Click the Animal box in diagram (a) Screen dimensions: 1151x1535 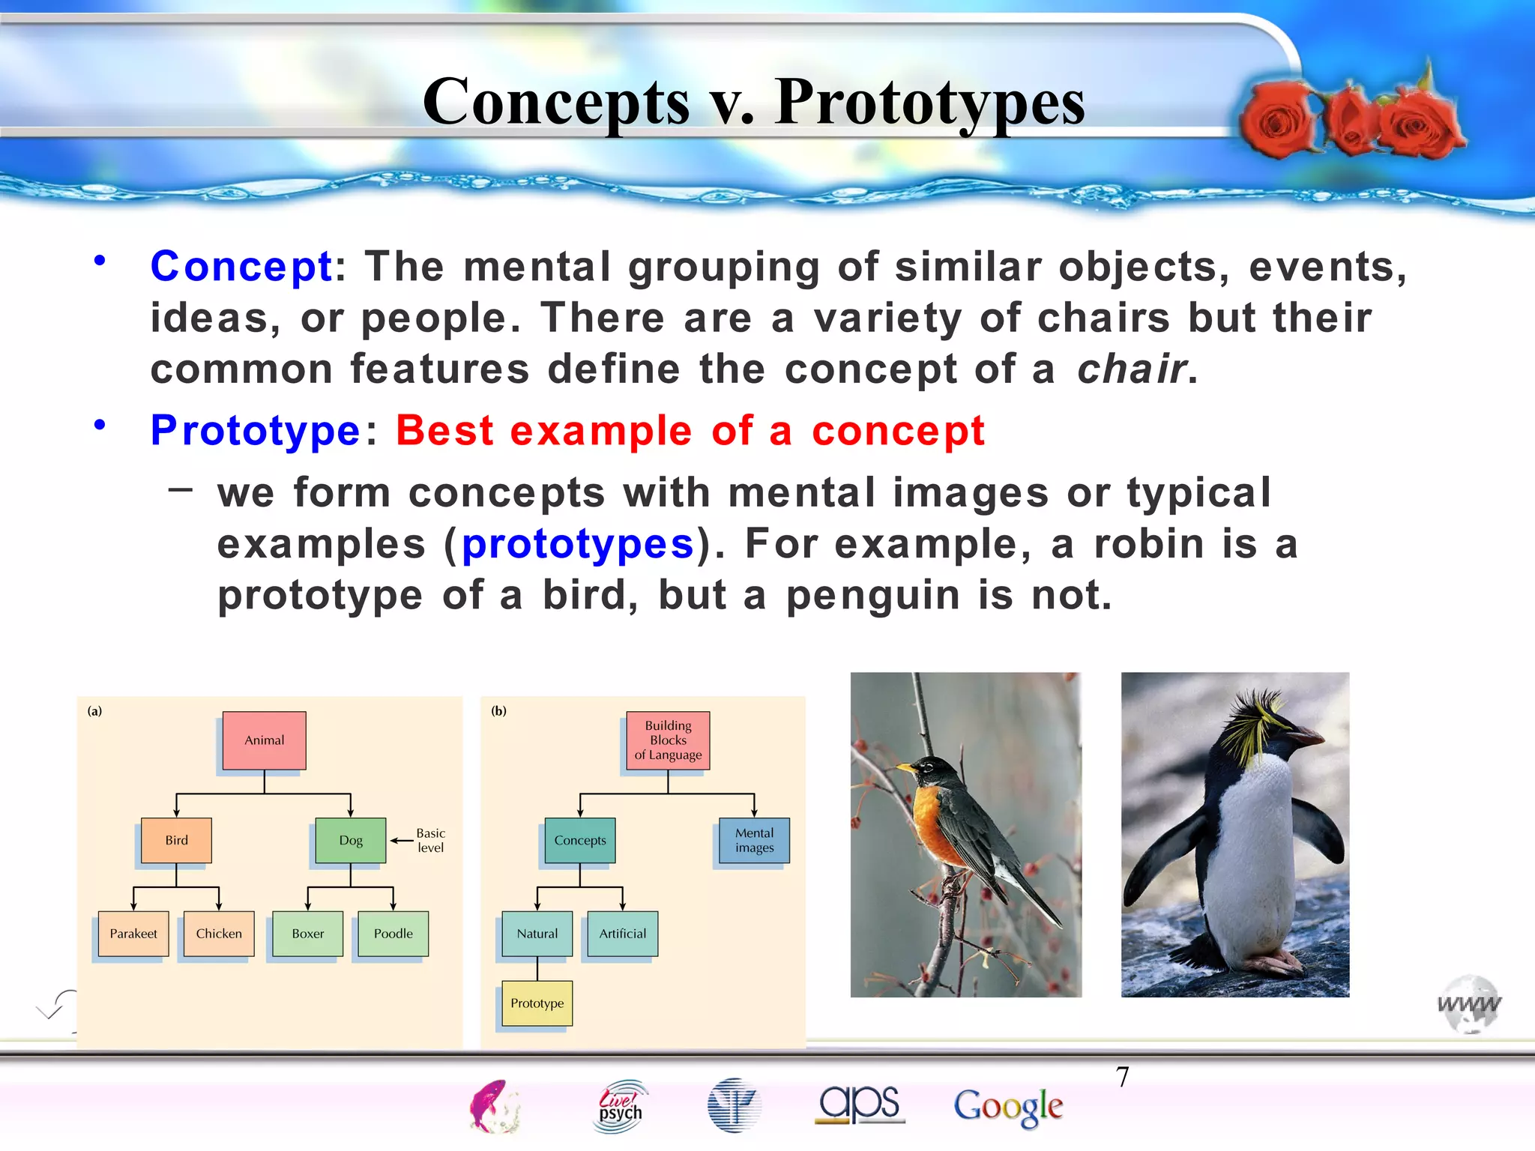[x=264, y=740]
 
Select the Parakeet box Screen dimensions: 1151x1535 [x=133, y=934]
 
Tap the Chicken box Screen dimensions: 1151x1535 [x=219, y=934]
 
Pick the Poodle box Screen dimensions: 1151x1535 [x=393, y=934]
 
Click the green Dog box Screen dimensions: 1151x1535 [x=351, y=840]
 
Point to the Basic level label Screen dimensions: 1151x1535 [x=430, y=840]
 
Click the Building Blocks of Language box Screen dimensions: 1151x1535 [x=668, y=740]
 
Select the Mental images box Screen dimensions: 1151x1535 [x=754, y=840]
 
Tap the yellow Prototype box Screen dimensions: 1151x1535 [x=537, y=1003]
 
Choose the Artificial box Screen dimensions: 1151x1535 [x=623, y=934]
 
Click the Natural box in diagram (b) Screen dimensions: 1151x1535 [x=537, y=934]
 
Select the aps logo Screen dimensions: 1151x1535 [x=860, y=1104]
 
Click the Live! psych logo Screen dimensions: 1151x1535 [x=621, y=1106]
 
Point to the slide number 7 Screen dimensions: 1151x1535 [x=1122, y=1077]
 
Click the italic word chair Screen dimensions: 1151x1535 [x=1131, y=369]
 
